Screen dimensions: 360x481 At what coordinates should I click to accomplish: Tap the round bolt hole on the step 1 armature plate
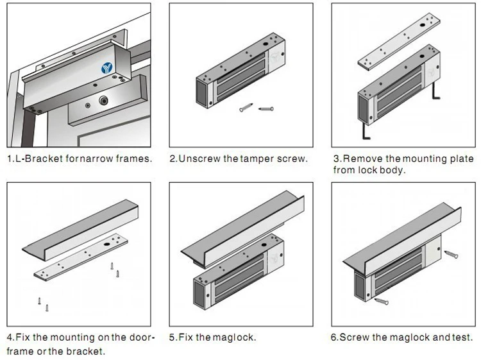tap(102, 100)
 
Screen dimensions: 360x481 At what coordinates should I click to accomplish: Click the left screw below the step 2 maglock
tap(245, 109)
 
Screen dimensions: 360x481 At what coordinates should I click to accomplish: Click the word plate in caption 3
tap(460, 159)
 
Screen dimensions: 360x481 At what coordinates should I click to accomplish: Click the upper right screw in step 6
tap(451, 253)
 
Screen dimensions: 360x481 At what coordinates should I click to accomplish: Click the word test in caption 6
tap(461, 337)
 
